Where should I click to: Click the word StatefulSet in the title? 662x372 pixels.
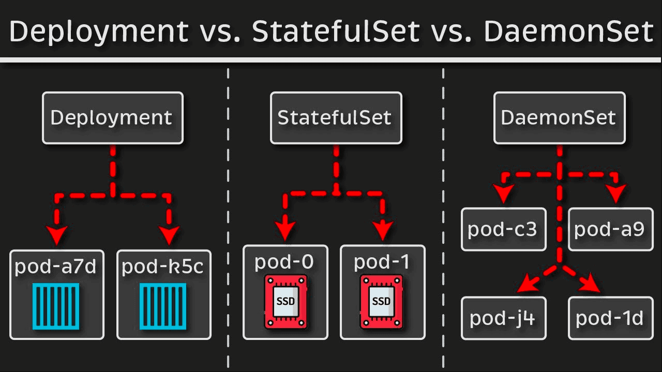336,32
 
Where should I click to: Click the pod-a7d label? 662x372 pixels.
55,267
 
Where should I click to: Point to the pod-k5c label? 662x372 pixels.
162,267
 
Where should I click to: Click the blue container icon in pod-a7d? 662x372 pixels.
56,306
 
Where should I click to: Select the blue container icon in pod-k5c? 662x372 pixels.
163,306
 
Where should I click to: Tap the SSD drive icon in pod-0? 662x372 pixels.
286,301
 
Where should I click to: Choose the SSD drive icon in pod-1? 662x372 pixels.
382,301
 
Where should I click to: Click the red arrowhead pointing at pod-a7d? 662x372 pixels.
57,235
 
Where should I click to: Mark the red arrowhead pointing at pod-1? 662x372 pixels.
382,230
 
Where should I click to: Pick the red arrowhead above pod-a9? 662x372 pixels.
616,194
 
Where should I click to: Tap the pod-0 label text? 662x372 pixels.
284,261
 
